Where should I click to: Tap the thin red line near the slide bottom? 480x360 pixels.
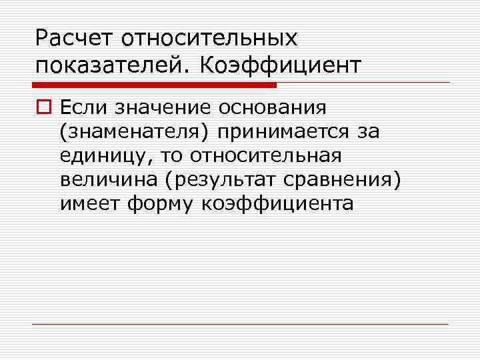pos(240,325)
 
